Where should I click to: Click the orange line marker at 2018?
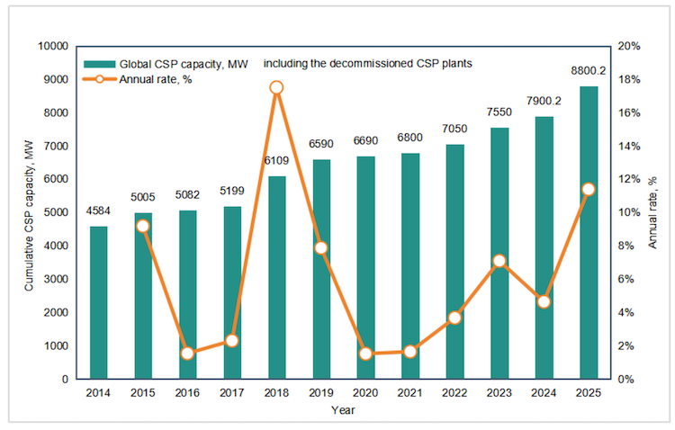[x=276, y=87]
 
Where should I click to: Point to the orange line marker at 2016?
[x=187, y=354]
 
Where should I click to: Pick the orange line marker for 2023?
[x=499, y=261]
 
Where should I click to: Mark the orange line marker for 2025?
[x=589, y=189]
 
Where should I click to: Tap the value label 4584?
[x=98, y=211]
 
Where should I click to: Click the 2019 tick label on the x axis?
[x=321, y=394]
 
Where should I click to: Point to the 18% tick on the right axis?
[x=629, y=79]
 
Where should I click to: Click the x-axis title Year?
[x=343, y=410]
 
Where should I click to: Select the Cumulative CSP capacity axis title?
[x=29, y=211]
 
